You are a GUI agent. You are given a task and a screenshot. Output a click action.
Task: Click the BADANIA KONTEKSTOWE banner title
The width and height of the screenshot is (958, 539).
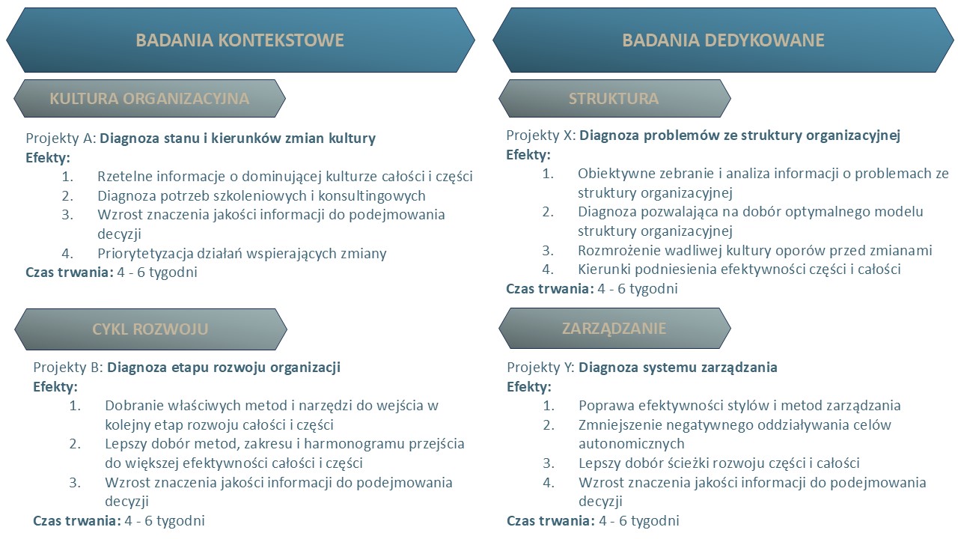[x=240, y=40]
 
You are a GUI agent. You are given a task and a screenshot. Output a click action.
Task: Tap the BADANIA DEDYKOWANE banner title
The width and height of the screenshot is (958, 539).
[x=723, y=40]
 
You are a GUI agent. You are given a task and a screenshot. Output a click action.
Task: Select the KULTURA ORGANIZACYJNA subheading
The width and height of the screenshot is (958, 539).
[x=149, y=98]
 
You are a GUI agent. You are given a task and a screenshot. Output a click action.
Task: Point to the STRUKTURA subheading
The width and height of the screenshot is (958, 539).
[x=614, y=98]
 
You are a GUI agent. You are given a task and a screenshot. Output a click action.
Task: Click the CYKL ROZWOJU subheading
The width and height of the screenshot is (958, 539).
[x=150, y=329]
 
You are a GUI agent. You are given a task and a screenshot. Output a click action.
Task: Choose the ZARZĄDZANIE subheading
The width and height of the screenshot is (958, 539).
[x=614, y=328]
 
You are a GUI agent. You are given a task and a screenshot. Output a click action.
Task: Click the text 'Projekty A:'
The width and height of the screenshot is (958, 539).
[x=61, y=138]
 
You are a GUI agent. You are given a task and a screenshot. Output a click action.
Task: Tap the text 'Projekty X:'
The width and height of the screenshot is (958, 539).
[x=541, y=135]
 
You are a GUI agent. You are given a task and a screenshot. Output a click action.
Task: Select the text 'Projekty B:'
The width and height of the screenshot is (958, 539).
[x=68, y=368]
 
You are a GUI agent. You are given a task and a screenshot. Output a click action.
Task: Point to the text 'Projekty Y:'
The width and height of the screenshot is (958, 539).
[x=541, y=368]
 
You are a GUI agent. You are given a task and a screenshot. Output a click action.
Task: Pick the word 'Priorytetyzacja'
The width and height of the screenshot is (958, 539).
[x=145, y=254]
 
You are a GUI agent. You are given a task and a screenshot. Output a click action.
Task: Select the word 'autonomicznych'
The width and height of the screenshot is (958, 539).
[x=632, y=444]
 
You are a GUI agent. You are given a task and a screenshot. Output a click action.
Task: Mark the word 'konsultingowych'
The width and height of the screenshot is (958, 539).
[x=372, y=196]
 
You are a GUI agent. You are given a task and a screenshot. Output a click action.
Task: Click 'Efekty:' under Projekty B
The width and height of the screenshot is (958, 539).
[x=55, y=387]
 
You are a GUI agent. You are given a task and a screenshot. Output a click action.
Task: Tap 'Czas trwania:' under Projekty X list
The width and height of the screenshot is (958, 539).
[x=550, y=289]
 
